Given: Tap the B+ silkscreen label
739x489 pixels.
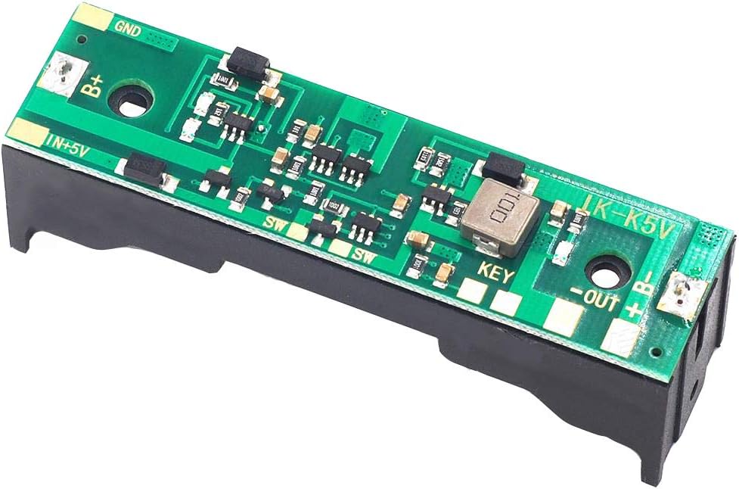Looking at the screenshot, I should pos(93,86).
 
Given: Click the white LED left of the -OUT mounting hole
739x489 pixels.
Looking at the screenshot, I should pos(560,252).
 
